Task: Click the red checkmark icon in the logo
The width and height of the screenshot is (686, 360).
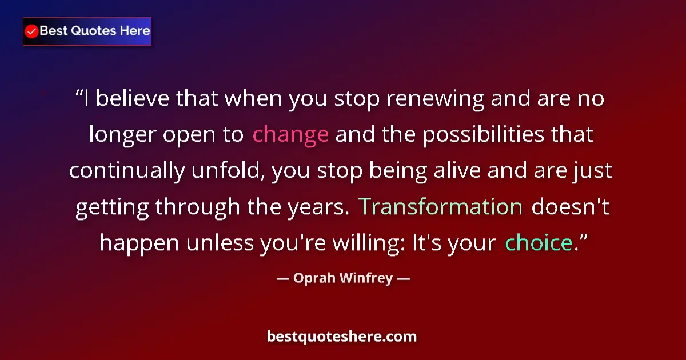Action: [x=32, y=31]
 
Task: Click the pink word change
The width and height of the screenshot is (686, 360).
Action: [x=290, y=135]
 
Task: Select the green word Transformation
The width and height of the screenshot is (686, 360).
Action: [x=441, y=207]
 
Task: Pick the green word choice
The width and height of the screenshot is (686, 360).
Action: [x=539, y=243]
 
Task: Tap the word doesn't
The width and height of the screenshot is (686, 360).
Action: [x=571, y=207]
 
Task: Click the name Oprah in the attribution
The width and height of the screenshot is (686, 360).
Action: [x=313, y=279]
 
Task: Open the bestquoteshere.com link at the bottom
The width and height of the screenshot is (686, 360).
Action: [x=342, y=337]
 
